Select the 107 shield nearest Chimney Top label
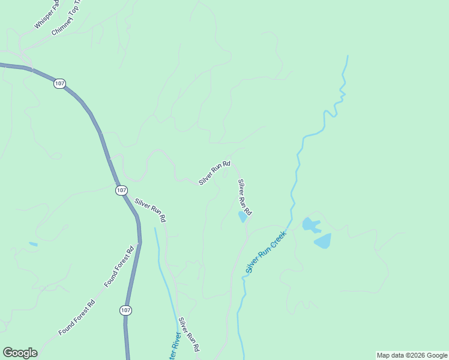pos(59,84)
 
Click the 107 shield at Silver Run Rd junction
pos(122,190)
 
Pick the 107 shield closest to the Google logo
pos(125,310)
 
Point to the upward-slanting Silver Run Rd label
pos(215,173)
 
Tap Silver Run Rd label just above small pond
pos(244,197)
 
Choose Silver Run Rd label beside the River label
pos(188,334)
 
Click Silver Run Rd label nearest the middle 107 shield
pos(150,211)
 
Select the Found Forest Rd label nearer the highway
pos(119,266)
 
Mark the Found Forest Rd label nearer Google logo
pos(77,317)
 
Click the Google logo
pos(20,353)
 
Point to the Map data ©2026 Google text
pos(412,355)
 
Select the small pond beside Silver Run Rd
pos(243,217)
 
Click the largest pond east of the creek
pos(322,241)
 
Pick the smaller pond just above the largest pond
pos(310,224)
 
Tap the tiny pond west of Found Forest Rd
pos(32,244)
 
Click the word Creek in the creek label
pos(277,239)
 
